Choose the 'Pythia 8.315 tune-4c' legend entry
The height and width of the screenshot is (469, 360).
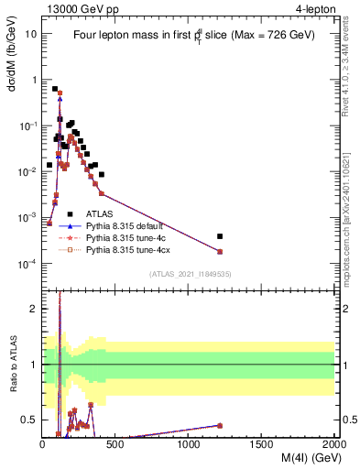click(130, 236)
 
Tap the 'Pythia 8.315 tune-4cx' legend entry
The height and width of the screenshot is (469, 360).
click(132, 248)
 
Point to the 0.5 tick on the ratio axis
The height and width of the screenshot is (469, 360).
click(31, 420)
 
